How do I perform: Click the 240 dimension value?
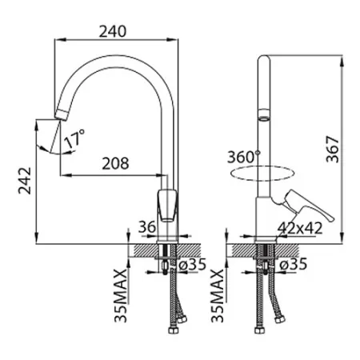pos(113,31)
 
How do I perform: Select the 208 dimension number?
pos(115,163)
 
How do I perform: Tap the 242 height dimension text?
pos(25,181)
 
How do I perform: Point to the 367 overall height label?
pos(332,150)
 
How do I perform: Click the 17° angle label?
pos(74,138)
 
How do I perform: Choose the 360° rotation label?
pos(243,157)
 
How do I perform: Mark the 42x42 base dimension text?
pos(300,228)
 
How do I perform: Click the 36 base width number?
pos(147,227)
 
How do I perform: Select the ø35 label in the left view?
pos(193,264)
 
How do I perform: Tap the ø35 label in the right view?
pos(294,264)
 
